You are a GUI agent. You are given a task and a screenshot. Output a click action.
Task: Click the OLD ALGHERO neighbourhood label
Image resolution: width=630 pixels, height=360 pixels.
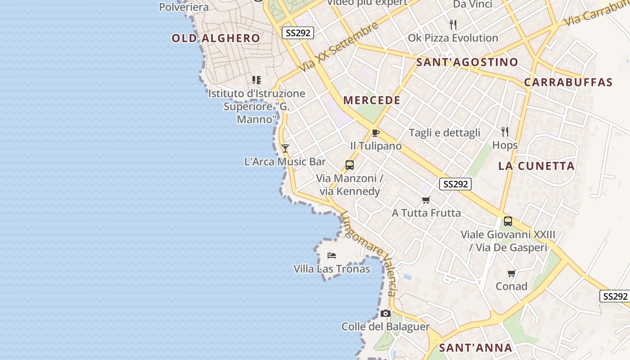tap(216, 38)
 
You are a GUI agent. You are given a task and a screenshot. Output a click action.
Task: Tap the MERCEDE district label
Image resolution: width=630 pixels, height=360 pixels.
tap(372, 100)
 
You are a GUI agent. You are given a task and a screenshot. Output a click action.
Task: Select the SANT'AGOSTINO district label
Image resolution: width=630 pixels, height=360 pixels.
tap(467, 62)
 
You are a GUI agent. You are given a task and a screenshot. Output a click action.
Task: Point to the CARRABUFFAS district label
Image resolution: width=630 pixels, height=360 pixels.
tap(568, 82)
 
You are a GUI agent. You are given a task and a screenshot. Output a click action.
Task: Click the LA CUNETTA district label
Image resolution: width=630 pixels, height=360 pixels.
tap(536, 166)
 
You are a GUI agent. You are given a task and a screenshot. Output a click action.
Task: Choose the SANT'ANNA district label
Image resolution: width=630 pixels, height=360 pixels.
tap(476, 348)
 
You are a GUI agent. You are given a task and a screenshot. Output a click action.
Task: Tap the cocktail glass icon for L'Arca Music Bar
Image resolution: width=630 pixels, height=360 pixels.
tap(285, 148)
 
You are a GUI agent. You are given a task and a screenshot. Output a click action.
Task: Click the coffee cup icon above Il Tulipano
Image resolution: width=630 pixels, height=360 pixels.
tap(375, 133)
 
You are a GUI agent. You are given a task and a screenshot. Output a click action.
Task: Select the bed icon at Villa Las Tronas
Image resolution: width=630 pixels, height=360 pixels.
tap(332, 256)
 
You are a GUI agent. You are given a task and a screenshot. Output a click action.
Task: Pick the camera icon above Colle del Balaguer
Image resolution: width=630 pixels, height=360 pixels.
tap(385, 313)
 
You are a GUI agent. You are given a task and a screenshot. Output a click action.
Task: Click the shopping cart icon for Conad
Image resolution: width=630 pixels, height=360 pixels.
tap(511, 273)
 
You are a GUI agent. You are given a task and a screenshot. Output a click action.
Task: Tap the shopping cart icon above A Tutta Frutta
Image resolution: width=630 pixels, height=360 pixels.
tap(426, 200)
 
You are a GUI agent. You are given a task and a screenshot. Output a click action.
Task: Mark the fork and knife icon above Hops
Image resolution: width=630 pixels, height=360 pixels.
tap(505, 131)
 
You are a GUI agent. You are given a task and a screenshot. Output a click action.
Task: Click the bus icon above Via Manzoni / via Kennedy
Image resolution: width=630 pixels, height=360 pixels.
tap(349, 165)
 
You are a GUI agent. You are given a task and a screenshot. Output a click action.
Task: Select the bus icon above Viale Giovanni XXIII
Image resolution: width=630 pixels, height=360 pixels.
tap(508, 221)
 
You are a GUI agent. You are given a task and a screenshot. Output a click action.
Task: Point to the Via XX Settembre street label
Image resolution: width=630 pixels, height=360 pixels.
tap(339, 47)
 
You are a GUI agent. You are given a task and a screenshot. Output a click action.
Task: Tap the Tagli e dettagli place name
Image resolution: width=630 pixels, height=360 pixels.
tap(444, 133)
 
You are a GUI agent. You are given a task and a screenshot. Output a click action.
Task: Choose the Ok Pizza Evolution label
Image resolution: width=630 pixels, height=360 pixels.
tap(453, 38)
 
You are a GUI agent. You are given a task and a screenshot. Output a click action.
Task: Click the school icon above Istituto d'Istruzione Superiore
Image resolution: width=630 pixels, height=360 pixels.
tap(256, 80)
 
